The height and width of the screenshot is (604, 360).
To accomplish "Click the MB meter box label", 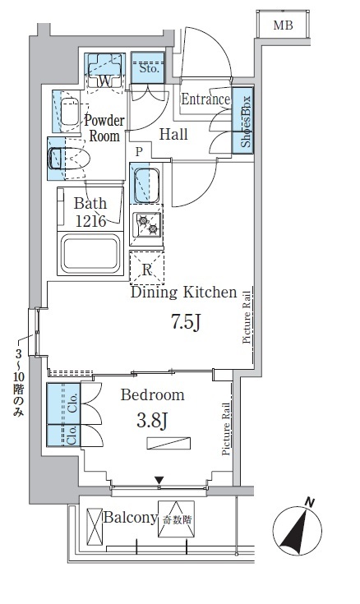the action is click(x=284, y=25).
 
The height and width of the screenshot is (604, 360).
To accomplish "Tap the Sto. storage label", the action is click(x=149, y=68).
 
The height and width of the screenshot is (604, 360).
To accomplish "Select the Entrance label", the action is click(x=205, y=99).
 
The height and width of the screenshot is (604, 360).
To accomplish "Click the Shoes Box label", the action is click(x=246, y=122).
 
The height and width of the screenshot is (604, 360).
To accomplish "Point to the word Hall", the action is click(x=173, y=134).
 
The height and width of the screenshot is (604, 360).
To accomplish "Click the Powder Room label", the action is click(x=104, y=128).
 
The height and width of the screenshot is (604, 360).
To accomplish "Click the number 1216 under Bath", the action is click(x=90, y=221).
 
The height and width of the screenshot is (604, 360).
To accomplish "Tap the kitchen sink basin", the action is click(x=146, y=185).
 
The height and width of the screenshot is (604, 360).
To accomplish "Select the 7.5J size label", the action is click(x=186, y=322).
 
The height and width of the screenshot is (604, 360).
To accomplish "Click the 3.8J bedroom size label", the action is click(x=152, y=420).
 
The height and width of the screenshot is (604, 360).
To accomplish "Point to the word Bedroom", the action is click(x=153, y=394).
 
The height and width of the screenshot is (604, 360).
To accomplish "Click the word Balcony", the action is click(x=131, y=518).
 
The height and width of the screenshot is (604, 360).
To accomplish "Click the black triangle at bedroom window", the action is click(x=159, y=481).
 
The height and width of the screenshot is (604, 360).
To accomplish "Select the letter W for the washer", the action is click(x=105, y=81).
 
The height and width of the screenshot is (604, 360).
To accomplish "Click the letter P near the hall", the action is click(x=139, y=152).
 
